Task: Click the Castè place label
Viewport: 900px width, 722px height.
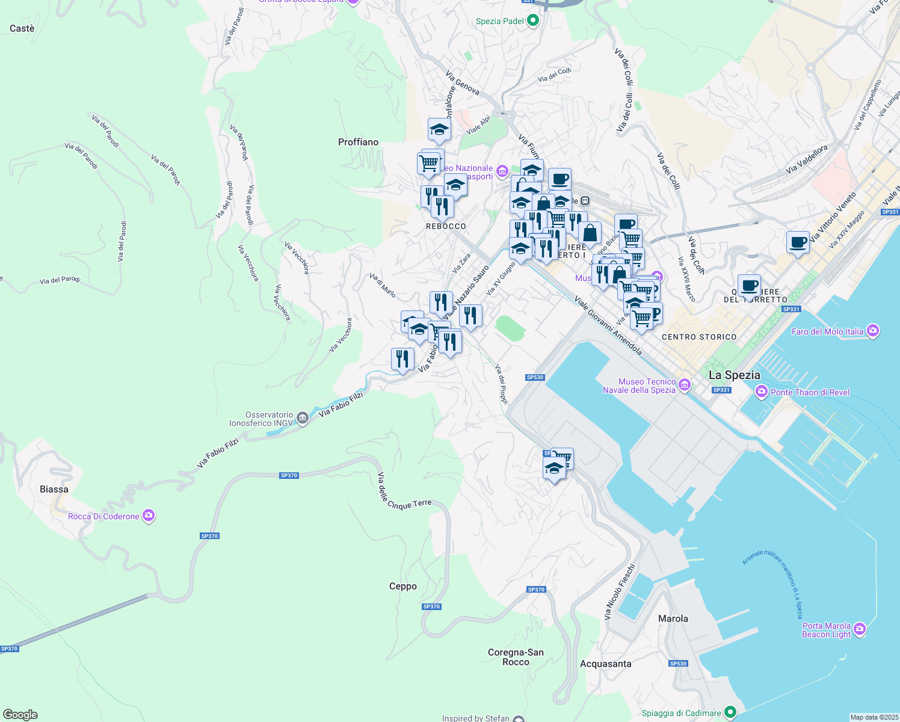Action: [22, 28]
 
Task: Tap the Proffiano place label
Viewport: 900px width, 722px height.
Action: [358, 142]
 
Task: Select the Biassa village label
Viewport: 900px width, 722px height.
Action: [54, 489]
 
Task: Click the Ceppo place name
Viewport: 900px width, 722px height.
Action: [402, 586]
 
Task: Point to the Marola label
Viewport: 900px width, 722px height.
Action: [673, 619]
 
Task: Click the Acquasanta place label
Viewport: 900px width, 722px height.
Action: [605, 664]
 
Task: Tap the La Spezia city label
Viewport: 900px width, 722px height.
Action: [734, 375]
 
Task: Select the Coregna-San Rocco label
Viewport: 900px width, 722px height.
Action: [516, 657]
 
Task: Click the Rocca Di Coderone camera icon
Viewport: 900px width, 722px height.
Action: [149, 516]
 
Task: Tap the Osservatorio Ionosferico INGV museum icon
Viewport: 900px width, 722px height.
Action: [303, 418]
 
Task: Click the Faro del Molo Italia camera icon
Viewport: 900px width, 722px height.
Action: [873, 331]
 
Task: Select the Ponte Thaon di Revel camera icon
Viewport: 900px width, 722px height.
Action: [762, 392]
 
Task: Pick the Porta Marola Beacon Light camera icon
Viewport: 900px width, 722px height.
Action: [860, 629]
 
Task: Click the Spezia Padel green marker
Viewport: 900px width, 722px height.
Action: [532, 21]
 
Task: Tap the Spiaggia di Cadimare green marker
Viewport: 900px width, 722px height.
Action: [730, 712]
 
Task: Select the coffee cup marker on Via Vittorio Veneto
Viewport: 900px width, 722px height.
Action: [798, 243]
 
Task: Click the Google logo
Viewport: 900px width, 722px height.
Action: [20, 715]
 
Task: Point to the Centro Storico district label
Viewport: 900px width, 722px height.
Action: [699, 337]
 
